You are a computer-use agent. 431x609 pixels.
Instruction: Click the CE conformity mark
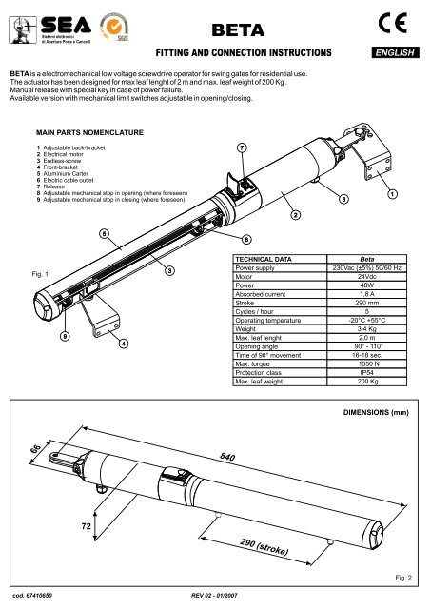(x=393, y=23)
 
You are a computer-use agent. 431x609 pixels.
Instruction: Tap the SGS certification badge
(x=114, y=27)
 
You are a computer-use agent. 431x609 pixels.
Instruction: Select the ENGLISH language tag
(x=395, y=52)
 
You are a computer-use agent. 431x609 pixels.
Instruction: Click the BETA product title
(x=238, y=30)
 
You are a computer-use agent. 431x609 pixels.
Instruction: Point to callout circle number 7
(x=242, y=148)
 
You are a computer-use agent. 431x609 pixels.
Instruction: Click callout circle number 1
(x=393, y=194)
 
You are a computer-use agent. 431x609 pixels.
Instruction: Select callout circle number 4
(x=123, y=344)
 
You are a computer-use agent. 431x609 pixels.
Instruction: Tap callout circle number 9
(x=66, y=336)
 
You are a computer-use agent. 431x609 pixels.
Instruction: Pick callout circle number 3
(x=169, y=270)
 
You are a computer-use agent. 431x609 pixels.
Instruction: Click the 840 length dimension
(x=227, y=457)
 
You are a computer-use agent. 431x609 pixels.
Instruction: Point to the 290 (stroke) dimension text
(x=264, y=547)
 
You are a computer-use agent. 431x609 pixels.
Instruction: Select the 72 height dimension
(x=87, y=526)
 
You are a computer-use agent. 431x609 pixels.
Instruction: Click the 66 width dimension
(x=35, y=448)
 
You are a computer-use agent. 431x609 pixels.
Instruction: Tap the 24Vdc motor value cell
(x=366, y=277)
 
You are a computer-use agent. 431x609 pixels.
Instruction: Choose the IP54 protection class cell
(x=366, y=372)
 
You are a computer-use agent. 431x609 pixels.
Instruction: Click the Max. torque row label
(x=252, y=363)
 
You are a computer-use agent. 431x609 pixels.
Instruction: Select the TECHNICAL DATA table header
(x=264, y=259)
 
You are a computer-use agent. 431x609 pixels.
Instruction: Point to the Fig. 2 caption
(x=403, y=578)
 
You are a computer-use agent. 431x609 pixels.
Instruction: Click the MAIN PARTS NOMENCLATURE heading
(x=89, y=132)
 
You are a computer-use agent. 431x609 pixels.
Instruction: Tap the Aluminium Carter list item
(x=66, y=173)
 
